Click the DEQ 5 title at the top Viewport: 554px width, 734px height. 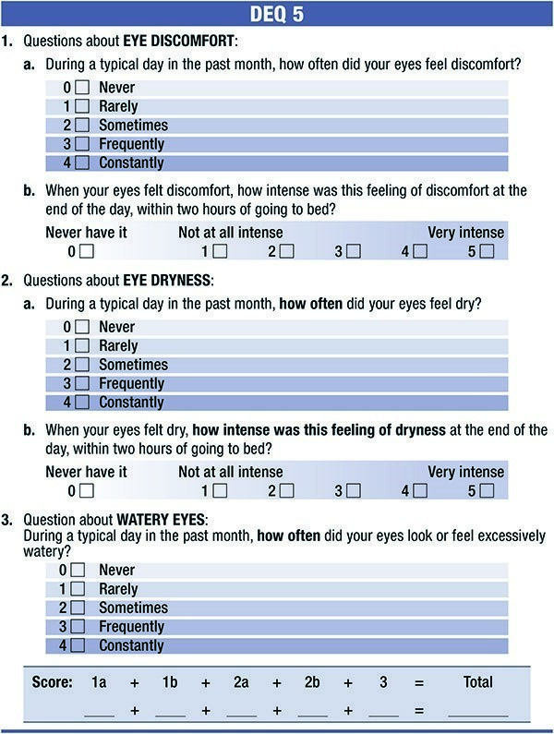click(276, 15)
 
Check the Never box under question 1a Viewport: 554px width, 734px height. click(82, 88)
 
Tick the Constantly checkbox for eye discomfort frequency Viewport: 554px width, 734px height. click(82, 163)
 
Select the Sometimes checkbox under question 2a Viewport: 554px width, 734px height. click(82, 365)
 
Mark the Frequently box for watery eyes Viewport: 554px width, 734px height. click(78, 627)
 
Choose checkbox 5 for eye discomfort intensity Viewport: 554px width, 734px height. click(487, 251)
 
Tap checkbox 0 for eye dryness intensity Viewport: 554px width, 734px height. click(87, 491)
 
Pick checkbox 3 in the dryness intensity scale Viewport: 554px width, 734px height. click(353, 491)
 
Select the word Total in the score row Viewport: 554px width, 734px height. click(478, 683)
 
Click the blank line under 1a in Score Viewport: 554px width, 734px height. click(99, 714)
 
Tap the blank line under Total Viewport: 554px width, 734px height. click(478, 714)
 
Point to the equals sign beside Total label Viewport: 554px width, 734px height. click(418, 683)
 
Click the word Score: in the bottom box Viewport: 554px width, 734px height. click(53, 683)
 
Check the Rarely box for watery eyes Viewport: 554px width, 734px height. click(78, 589)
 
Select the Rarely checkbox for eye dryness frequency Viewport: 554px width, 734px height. click(82, 346)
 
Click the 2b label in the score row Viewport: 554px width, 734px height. click(313, 683)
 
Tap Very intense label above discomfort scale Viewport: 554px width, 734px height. click(465, 233)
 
